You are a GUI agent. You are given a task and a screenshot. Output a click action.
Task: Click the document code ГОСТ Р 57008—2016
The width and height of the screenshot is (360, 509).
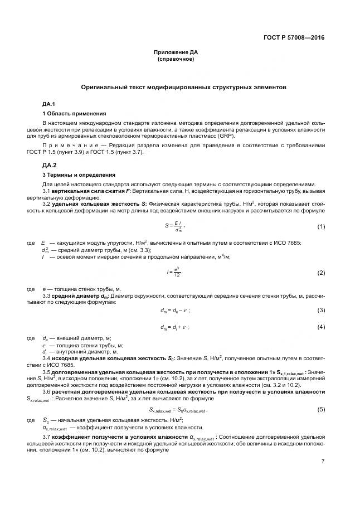click(x=294, y=38)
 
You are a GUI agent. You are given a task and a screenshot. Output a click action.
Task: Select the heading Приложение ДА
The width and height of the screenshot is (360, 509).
click(x=176, y=52)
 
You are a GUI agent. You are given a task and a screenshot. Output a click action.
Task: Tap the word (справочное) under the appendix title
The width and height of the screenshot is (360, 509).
click(x=176, y=59)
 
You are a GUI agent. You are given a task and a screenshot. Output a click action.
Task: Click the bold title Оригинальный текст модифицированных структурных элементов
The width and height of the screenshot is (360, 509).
click(x=183, y=88)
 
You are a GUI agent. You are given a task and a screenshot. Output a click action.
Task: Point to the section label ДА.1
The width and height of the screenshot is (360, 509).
click(x=50, y=104)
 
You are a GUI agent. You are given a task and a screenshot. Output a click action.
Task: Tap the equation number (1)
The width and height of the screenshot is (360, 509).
click(x=321, y=226)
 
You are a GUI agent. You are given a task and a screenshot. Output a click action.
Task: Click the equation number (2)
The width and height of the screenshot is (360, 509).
click(x=321, y=273)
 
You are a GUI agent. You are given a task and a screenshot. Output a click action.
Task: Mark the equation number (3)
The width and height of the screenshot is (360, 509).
click(x=321, y=310)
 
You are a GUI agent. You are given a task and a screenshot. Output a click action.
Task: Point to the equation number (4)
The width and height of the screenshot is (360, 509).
click(x=321, y=327)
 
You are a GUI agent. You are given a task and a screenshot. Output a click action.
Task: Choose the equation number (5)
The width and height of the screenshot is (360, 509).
click(x=321, y=410)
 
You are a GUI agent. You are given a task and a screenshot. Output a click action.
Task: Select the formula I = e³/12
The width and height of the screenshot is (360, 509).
click(x=174, y=273)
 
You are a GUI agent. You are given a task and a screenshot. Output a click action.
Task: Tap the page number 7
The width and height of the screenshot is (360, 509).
click(x=323, y=460)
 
